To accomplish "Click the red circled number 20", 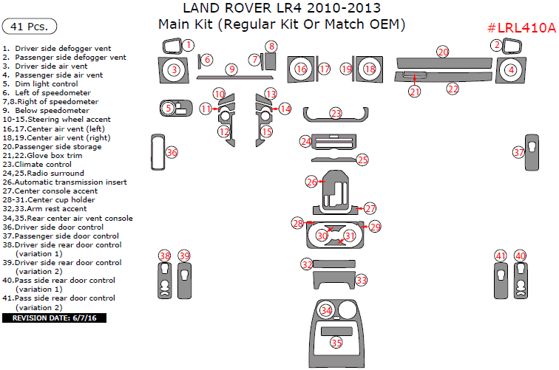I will (x=443, y=52).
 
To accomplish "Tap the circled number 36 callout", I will (x=172, y=152).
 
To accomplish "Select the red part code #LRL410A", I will (x=521, y=28).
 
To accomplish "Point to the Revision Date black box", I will (x=55, y=318).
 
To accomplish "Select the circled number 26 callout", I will (x=312, y=181).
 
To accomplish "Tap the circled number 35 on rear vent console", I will (x=336, y=343).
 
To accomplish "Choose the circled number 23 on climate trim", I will (x=336, y=113).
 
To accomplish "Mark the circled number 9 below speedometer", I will (x=231, y=69).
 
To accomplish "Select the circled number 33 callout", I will (x=361, y=281).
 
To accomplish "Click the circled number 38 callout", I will (x=164, y=256).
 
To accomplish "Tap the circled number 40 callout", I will (x=521, y=256).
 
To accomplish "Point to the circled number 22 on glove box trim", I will (x=453, y=88).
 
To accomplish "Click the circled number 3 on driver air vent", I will (x=173, y=70).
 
